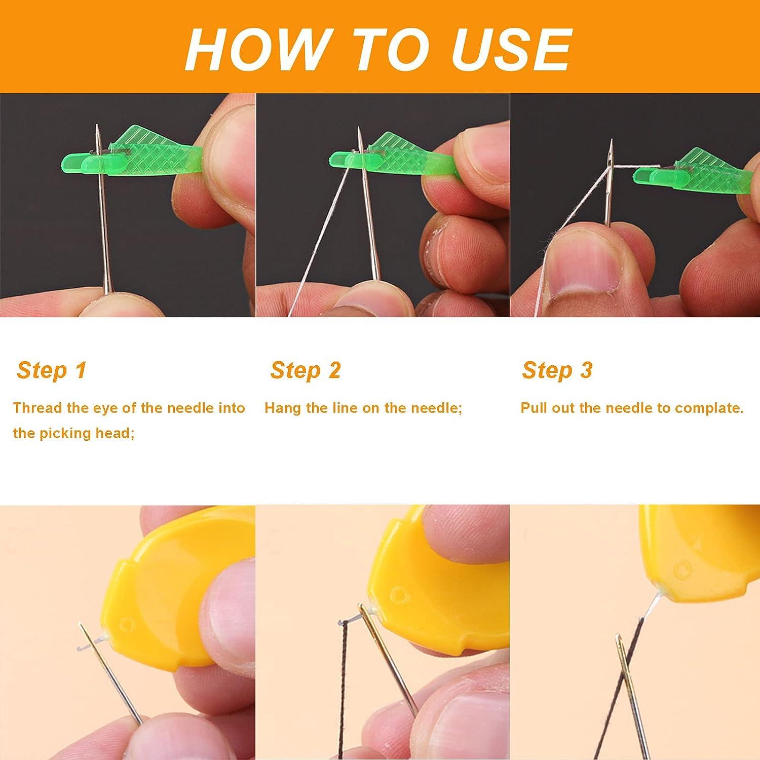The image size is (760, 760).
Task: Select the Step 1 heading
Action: pyautogui.click(x=51, y=370)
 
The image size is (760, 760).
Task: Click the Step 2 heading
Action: pyautogui.click(x=305, y=370)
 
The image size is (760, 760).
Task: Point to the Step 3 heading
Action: pyautogui.click(x=557, y=370)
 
